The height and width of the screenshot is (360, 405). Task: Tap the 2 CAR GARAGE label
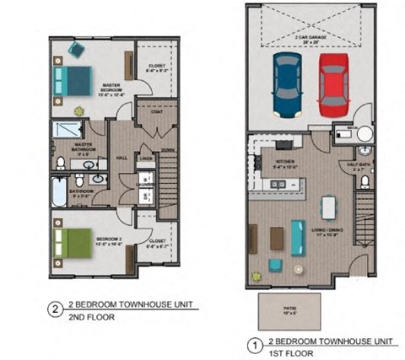(310, 39)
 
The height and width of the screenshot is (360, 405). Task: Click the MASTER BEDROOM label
(109, 88)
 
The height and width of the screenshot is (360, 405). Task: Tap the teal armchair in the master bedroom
(74, 51)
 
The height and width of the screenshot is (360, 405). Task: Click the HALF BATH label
(354, 165)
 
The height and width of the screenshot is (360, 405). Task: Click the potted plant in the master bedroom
(79, 110)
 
